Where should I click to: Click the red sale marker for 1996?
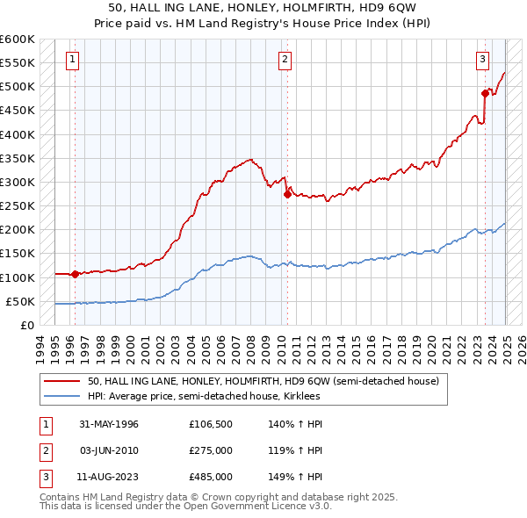click(x=76, y=274)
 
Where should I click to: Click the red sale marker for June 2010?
click(x=287, y=195)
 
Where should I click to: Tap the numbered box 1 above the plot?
click(x=71, y=60)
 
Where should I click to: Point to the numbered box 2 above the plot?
click(x=285, y=60)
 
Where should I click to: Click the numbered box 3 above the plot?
click(x=483, y=60)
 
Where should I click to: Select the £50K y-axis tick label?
click(x=21, y=301)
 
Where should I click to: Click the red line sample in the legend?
click(x=62, y=381)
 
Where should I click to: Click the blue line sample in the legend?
click(x=62, y=396)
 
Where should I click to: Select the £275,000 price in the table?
click(x=211, y=450)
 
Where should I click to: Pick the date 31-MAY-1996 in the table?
click(x=109, y=424)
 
